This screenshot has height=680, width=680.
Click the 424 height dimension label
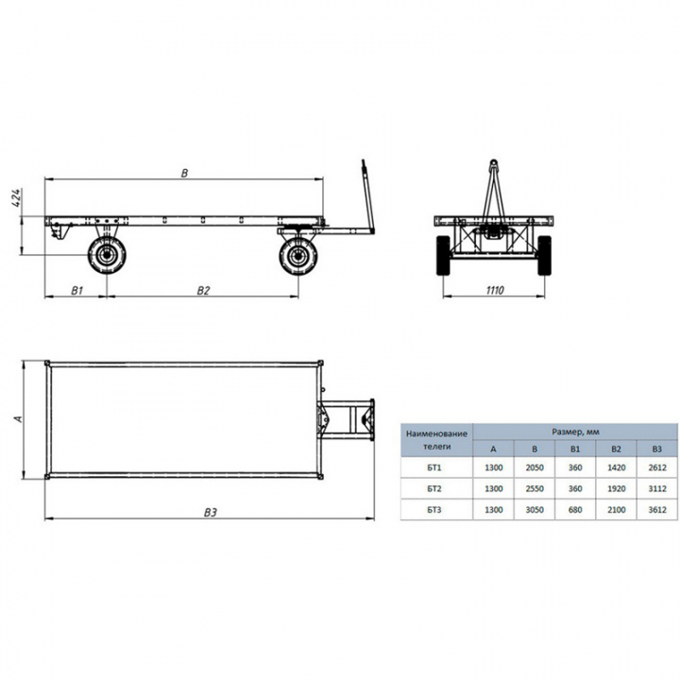click(17, 197)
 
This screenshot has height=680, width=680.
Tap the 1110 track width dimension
click(494, 290)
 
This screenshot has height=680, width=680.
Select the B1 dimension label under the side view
click(76, 290)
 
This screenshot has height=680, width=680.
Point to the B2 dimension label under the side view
click(203, 290)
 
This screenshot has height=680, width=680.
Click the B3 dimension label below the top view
click(210, 513)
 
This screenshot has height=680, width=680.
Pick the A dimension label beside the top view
click(18, 419)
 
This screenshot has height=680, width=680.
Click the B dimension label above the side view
click(185, 173)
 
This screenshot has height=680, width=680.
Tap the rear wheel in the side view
click(107, 255)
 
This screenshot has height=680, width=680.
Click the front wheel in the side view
click(298, 255)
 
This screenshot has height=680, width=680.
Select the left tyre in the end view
click(443, 255)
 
